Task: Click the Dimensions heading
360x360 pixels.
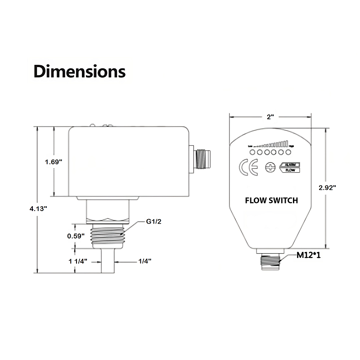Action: pyautogui.click(x=80, y=71)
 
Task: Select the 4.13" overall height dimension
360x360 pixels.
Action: pyautogui.click(x=38, y=208)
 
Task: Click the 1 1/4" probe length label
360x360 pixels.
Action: pyautogui.click(x=77, y=261)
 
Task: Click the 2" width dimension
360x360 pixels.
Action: pyautogui.click(x=270, y=117)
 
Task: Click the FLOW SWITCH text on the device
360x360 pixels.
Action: pyautogui.click(x=271, y=201)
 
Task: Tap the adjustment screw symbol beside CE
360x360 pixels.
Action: pyautogui.click(x=270, y=168)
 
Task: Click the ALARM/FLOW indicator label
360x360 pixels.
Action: pyautogui.click(x=291, y=168)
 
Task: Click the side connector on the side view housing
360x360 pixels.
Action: pyautogui.click(x=200, y=158)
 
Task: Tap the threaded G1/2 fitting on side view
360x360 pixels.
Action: pyautogui.click(x=108, y=235)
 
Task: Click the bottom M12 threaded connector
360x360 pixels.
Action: pyautogui.click(x=271, y=261)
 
